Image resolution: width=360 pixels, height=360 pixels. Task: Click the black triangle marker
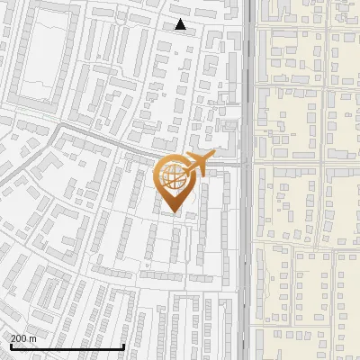point(181,25)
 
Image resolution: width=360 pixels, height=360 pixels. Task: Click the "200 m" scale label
point(22,338)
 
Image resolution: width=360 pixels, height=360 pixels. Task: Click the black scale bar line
point(67,347)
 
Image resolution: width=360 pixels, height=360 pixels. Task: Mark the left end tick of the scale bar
point(10,346)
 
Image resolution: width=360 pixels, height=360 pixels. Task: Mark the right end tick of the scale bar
point(123,346)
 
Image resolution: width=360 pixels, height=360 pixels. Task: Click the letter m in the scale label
point(32,338)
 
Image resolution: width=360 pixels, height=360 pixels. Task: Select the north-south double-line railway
point(246,270)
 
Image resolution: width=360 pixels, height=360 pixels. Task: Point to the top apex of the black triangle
point(181,20)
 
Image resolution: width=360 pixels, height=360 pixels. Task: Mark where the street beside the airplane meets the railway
point(245,165)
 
